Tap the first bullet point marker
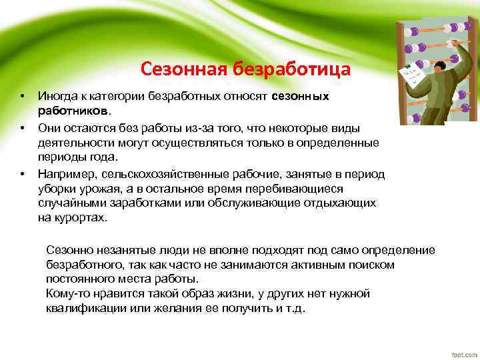pyautogui.click(x=22, y=97)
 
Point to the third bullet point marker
pyautogui.click(x=22, y=174)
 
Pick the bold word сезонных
pyautogui.click(x=301, y=97)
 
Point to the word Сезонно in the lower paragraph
pyautogui.click(x=68, y=250)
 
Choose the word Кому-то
pyautogui.click(x=67, y=294)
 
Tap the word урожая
pyautogui.click(x=88, y=189)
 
